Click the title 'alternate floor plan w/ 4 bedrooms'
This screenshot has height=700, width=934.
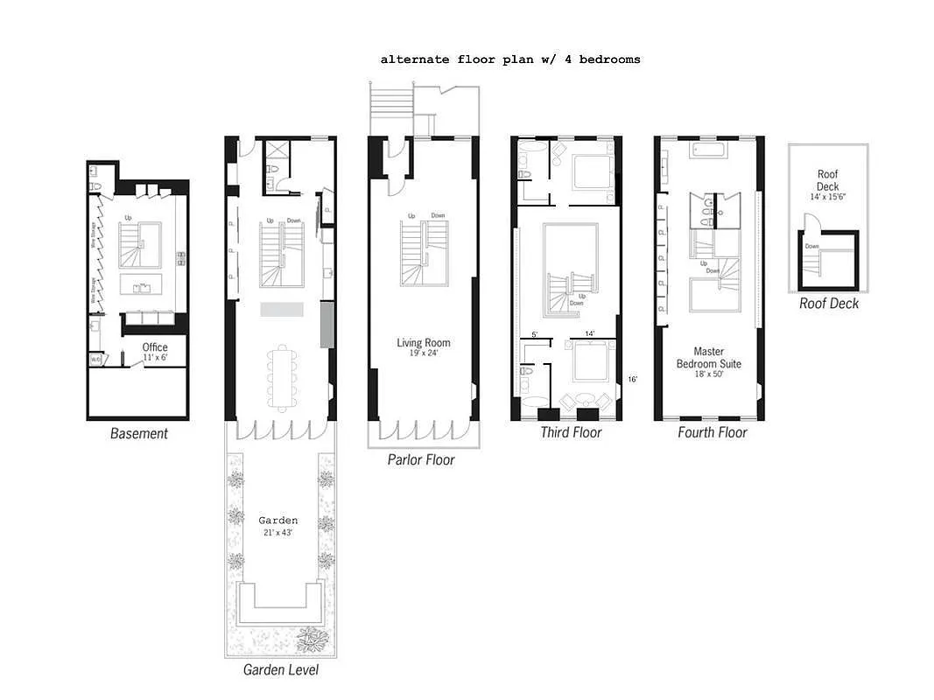[510, 59]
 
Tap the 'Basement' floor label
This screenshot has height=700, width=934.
[138, 433]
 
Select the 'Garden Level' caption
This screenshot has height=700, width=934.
[280, 670]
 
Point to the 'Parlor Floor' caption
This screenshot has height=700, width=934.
[421, 459]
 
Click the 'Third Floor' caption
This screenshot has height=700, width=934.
[571, 432]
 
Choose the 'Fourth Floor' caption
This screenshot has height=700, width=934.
[713, 432]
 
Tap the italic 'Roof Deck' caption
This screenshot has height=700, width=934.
[829, 304]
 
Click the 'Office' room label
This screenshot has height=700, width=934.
[155, 347]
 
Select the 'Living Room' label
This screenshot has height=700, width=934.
[424, 342]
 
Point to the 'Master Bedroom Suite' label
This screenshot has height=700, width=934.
[709, 358]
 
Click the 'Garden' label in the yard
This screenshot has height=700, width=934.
[277, 520]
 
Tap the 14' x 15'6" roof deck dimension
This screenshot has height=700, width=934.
[827, 198]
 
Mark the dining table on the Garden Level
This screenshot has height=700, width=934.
[282, 377]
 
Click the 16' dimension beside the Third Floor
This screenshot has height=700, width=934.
[632, 379]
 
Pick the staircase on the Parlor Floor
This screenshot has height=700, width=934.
[425, 253]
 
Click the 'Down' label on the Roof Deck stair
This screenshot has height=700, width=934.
[812, 247]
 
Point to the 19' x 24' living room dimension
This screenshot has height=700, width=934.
[424, 354]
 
